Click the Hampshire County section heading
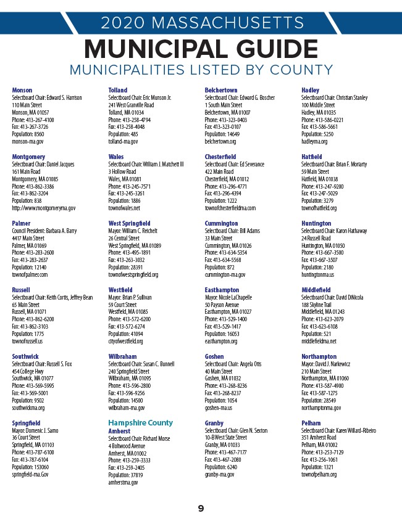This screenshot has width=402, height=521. point(140,423)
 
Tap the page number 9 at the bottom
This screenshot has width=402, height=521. point(201,509)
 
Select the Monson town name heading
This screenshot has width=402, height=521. point(22,91)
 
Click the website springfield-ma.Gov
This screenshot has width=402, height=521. point(30,475)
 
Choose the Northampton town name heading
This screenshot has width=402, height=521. point(319,357)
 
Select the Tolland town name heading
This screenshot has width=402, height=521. point(118,91)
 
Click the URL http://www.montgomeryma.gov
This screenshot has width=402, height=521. point(43,208)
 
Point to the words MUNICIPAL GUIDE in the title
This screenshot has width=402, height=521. point(200,49)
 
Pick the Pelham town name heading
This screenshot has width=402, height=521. point(311,424)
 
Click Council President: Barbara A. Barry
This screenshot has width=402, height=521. point(43,231)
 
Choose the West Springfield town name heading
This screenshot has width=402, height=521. point(129,224)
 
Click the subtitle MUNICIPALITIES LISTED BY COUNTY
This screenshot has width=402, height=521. point(201,70)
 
